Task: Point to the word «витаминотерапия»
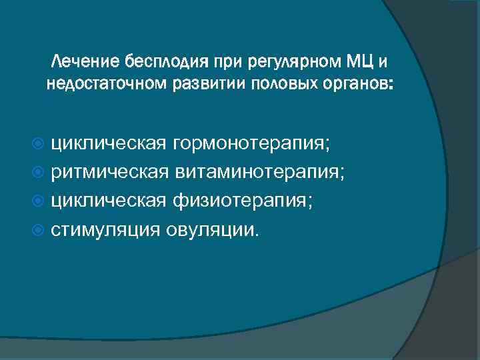pyautogui.click(x=260, y=172)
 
